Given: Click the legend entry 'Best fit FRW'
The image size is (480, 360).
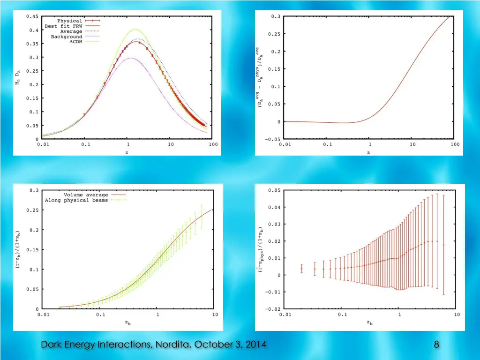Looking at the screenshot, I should coord(65,26).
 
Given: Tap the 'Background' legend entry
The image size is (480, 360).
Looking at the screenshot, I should coord(67,37).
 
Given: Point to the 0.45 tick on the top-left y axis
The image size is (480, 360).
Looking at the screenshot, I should coord(33,16).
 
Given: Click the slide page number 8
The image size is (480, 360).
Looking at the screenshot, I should coord(436,345).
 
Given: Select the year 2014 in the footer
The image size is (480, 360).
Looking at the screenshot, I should coord(255,345).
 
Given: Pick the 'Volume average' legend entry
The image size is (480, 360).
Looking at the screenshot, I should coord(86,195).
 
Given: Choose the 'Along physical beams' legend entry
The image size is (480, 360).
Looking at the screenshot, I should coord(76,200).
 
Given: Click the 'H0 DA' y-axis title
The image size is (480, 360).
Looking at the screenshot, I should coord(18,77).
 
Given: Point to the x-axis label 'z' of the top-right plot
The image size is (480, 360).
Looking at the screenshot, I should coord(368,152).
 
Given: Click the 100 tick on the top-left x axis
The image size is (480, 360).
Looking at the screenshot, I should coord(213,144).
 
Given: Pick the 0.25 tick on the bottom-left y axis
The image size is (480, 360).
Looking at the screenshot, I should coord(34,210).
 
